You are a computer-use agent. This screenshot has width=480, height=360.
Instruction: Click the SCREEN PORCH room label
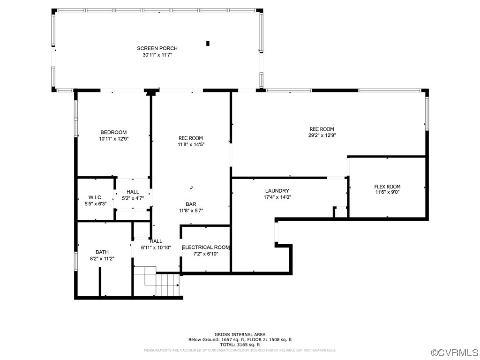[157, 48]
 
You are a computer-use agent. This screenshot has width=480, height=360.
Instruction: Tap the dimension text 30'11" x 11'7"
[157, 55]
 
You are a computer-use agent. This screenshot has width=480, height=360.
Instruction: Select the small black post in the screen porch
[208, 44]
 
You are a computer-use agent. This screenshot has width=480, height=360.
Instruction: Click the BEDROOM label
[113, 132]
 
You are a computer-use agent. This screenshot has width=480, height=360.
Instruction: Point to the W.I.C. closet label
[95, 197]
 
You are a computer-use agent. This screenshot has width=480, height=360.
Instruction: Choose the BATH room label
[102, 252]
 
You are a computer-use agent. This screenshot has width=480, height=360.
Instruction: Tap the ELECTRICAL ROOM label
[206, 247]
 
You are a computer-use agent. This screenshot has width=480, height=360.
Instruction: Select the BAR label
[191, 204]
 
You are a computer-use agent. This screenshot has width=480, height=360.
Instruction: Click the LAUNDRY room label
[277, 191]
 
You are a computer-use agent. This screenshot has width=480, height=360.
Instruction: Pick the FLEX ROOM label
[387, 186]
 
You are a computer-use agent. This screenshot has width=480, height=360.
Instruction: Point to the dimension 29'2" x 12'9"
[322, 135]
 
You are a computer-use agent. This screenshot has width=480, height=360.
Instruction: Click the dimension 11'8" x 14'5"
[191, 144]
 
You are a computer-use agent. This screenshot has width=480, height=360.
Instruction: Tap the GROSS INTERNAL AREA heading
[240, 334]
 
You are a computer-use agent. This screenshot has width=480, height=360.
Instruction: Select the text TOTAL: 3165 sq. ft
[240, 345]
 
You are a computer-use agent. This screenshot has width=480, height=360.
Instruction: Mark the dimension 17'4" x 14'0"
[277, 197]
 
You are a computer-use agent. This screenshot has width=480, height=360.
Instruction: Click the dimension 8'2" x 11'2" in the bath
[102, 258]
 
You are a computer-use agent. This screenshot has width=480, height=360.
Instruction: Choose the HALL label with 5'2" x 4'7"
[133, 192]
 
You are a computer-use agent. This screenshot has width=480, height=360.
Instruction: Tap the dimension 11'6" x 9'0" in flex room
[387, 192]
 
